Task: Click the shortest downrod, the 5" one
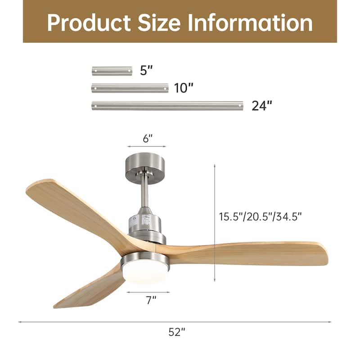click(112, 71)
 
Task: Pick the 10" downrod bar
click(130, 88)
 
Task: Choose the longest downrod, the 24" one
click(167, 106)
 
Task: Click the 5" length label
click(147, 71)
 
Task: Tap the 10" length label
click(184, 88)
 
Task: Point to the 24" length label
click(262, 106)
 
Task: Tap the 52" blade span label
click(177, 332)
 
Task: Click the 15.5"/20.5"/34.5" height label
click(260, 216)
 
